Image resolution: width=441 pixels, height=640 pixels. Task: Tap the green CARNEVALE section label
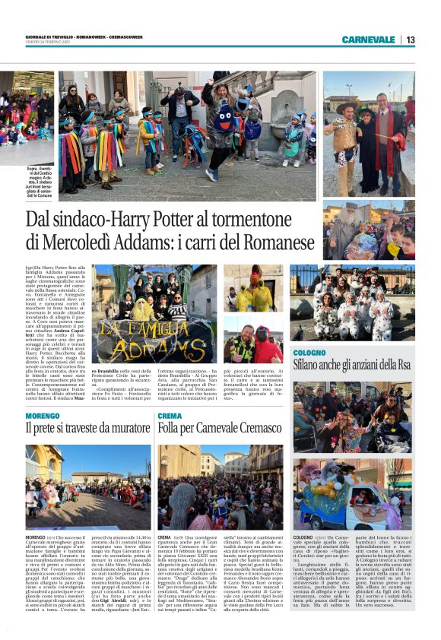pyautogui.click(x=368, y=40)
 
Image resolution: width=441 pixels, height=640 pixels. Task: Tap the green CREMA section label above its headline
pyautogui.click(x=170, y=417)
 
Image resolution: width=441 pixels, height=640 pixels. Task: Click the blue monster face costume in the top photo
pyautogui.click(x=226, y=119)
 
